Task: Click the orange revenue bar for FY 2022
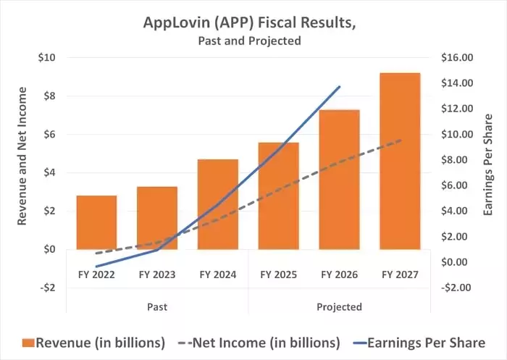[x=96, y=222]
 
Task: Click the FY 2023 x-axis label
[x=158, y=275]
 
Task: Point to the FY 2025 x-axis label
[x=279, y=275]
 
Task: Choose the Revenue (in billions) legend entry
[x=94, y=342]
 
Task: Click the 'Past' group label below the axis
[x=157, y=306]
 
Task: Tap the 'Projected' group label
[x=339, y=306]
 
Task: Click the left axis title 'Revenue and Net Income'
[x=22, y=156]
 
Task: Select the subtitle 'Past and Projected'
[x=249, y=41]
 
